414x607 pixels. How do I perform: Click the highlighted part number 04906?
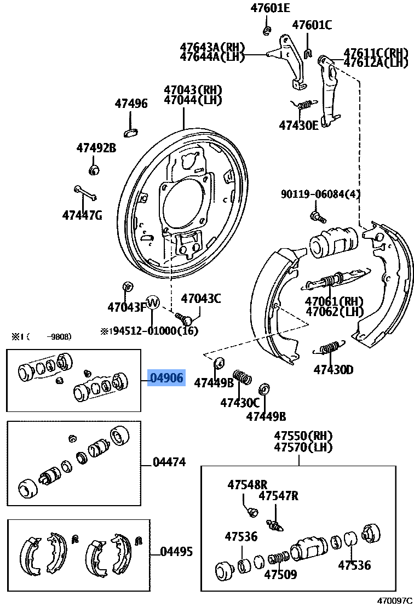pos(166,377)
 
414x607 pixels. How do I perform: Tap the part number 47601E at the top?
pos(270,8)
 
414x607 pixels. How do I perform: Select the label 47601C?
pos(312,25)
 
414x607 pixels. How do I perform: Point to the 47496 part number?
pos(131,103)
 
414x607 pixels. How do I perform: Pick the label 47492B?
pos(96,147)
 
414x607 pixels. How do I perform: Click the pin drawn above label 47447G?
pos(85,193)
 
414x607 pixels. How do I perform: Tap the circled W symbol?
pos(153,302)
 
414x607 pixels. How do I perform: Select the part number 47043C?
pos(201,299)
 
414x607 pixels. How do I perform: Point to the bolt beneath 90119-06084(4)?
pos(317,216)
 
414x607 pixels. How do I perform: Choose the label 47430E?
pos(298,125)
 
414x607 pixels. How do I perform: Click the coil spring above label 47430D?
pos(329,348)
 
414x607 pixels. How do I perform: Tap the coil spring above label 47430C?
pos(243,377)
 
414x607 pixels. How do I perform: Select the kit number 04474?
pos(169,462)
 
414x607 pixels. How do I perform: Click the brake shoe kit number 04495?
pos(176,552)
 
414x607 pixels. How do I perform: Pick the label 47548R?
pos(247,484)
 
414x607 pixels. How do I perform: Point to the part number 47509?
pos(280,575)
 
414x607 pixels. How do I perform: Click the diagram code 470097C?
pos(394,601)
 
